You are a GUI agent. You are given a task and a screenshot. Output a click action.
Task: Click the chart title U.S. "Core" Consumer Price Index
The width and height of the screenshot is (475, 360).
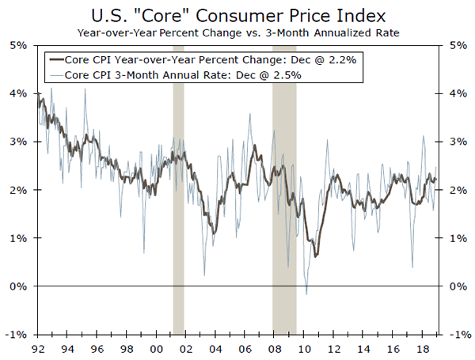pyautogui.click(x=237, y=15)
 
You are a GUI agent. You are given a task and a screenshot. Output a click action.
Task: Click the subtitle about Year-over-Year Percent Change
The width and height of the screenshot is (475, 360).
pyautogui.click(x=237, y=32)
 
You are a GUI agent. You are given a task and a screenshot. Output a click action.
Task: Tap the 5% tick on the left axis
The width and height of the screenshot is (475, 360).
pyautogui.click(x=18, y=45)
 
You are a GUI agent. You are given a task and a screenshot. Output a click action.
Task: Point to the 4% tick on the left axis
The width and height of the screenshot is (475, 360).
pyautogui.click(x=18, y=93)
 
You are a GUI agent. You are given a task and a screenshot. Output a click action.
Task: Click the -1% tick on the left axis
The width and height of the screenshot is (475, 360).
pyautogui.click(x=17, y=334)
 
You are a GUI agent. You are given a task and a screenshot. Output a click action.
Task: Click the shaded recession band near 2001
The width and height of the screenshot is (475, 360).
pyautogui.click(x=179, y=198)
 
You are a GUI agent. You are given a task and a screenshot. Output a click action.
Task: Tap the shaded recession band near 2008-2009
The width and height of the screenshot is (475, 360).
pyautogui.click(x=284, y=198)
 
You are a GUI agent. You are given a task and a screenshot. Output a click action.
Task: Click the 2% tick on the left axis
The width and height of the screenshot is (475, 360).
pyautogui.click(x=18, y=190)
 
